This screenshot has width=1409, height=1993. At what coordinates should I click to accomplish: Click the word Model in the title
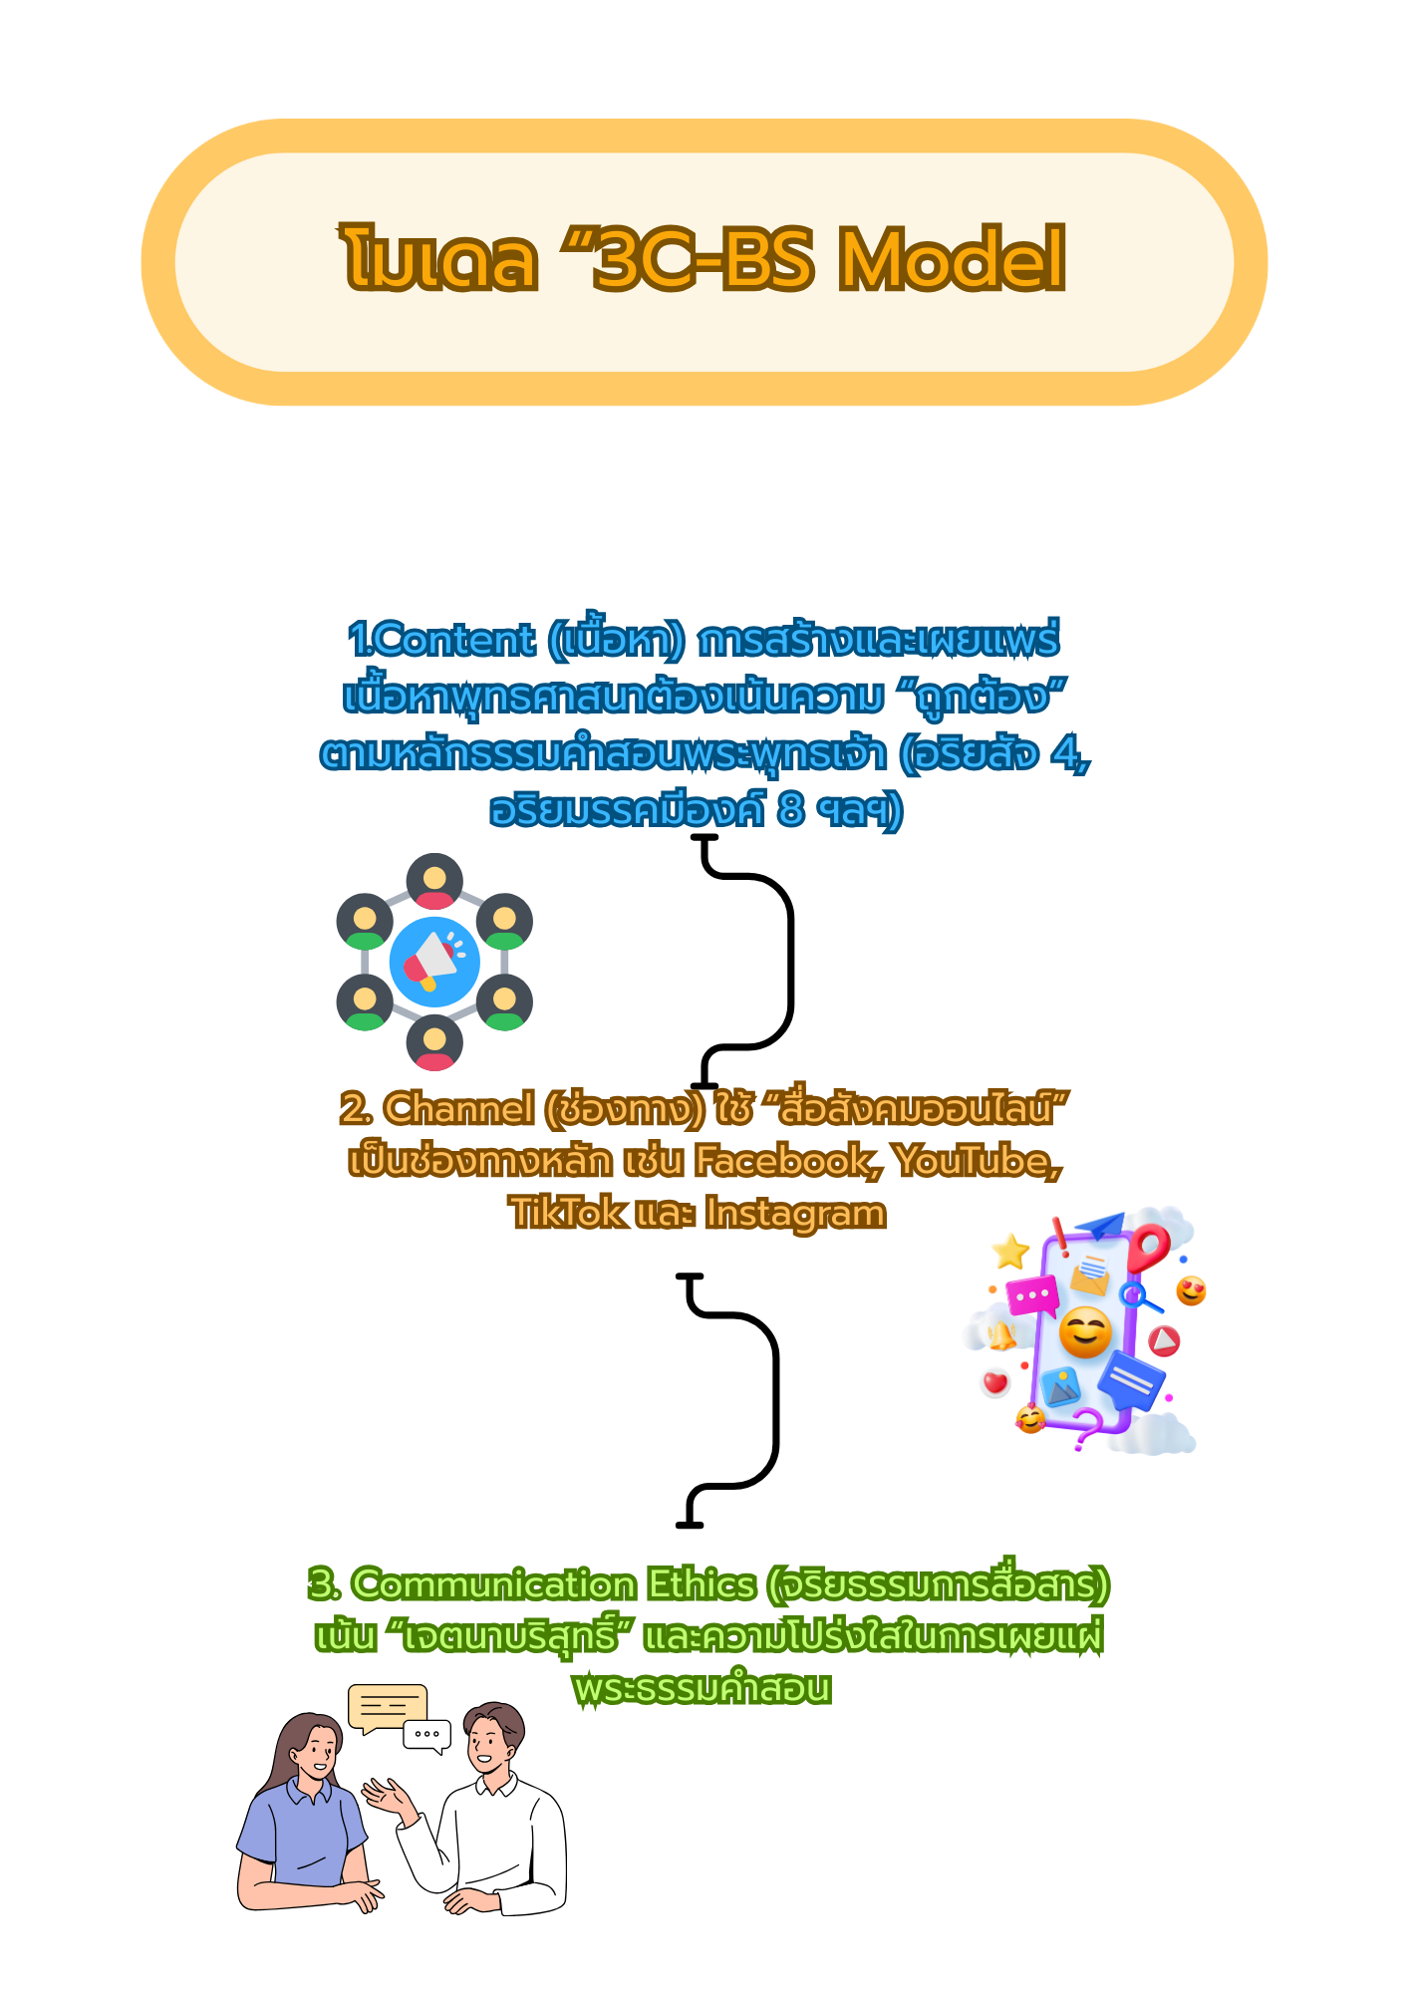coord(952,259)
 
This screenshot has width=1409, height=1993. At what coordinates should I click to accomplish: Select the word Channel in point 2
coord(459,1109)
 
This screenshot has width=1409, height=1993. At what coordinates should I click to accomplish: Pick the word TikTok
coord(568,1214)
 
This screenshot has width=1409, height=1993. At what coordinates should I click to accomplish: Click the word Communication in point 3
coord(493,1584)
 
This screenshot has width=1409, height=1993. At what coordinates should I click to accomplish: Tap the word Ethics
coord(702,1584)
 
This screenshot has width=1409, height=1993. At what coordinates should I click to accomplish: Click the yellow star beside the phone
coord(1010,1252)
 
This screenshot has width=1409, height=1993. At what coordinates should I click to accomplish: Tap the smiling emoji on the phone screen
coord(1084,1332)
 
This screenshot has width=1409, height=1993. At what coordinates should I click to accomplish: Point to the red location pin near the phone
coord(1150,1248)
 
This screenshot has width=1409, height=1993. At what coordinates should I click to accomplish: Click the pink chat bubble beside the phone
coord(1032,1296)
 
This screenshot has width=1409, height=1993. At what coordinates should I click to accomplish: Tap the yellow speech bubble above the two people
coord(387,1707)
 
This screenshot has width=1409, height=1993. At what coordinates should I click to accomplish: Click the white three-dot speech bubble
coord(427,1735)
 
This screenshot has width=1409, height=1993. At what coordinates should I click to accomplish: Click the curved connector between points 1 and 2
coord(789,962)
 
